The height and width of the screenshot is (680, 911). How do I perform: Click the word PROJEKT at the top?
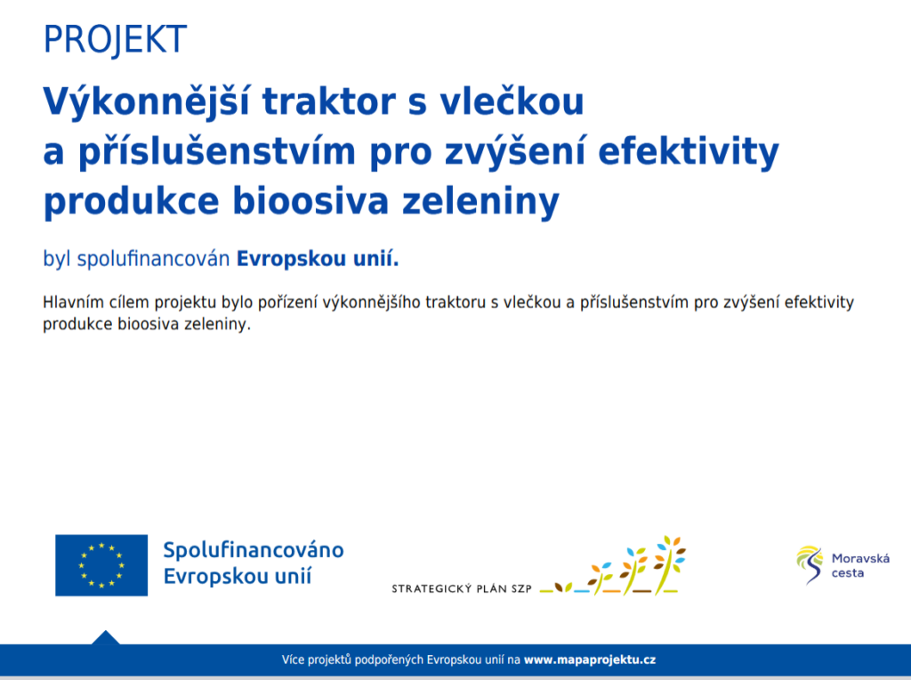pyautogui.click(x=115, y=39)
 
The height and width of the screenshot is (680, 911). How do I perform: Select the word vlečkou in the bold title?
pyautogui.click(x=512, y=101)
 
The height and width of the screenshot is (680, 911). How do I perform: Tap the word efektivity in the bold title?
pyautogui.click(x=689, y=151)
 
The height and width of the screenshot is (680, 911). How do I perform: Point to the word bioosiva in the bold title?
pyautogui.click(x=310, y=201)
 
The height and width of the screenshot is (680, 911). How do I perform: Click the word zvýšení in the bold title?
pyautogui.click(x=515, y=151)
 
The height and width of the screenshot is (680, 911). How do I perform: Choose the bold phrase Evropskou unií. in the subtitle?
pyautogui.click(x=318, y=258)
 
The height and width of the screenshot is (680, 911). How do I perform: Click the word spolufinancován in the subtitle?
pyautogui.click(x=153, y=259)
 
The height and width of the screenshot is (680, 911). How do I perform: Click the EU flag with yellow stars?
pyautogui.click(x=101, y=565)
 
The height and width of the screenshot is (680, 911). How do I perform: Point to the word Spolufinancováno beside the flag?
pyautogui.click(x=254, y=550)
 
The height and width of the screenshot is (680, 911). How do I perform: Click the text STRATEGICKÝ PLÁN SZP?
pyautogui.click(x=462, y=588)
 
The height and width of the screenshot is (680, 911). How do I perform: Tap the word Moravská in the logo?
pyautogui.click(x=860, y=559)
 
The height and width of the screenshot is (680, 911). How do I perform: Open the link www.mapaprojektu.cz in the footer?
pyautogui.click(x=590, y=660)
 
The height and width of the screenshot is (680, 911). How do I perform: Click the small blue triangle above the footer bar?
pyautogui.click(x=106, y=637)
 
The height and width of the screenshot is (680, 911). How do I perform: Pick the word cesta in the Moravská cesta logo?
pyautogui.click(x=848, y=573)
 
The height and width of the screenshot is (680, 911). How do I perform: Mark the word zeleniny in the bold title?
pyautogui.click(x=480, y=202)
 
